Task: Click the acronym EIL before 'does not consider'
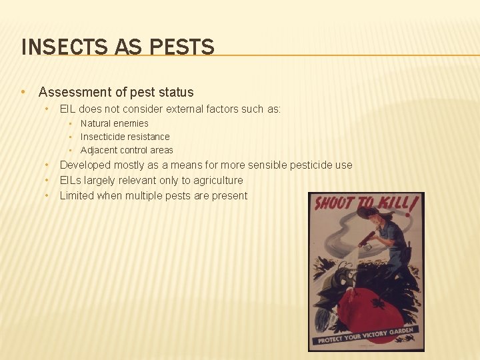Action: (x=69, y=109)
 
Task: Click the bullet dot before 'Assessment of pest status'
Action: (x=23, y=92)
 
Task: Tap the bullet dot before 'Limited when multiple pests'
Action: (x=47, y=195)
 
